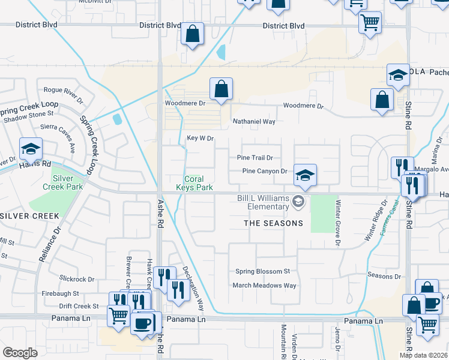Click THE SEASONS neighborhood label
273,223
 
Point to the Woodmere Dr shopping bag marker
221,89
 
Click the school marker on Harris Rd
31,149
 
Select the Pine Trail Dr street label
255,158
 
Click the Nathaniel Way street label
254,121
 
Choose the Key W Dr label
200,138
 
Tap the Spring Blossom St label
262,272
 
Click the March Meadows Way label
264,286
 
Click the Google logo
20,352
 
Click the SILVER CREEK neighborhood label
29,215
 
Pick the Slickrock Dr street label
77,279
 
